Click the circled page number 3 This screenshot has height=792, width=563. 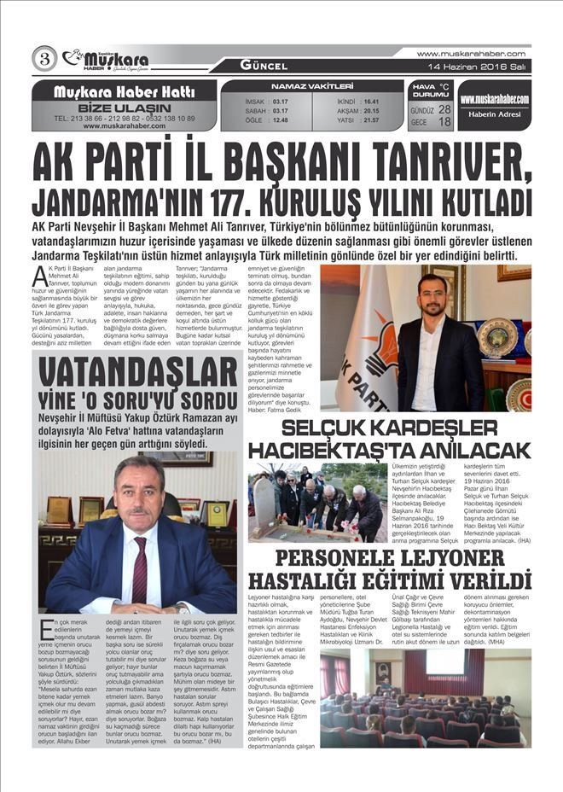pos(44,59)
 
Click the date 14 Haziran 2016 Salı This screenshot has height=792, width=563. pos(483,66)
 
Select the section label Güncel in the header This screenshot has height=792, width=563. pos(263,66)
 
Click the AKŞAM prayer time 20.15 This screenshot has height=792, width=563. pos(371,111)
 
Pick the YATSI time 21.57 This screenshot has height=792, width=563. pos(371,120)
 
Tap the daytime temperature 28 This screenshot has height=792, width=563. pos(444,110)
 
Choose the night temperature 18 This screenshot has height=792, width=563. pos(444,122)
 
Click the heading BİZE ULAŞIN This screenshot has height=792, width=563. pos(124,108)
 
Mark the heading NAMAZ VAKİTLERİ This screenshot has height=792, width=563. pos(311,86)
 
